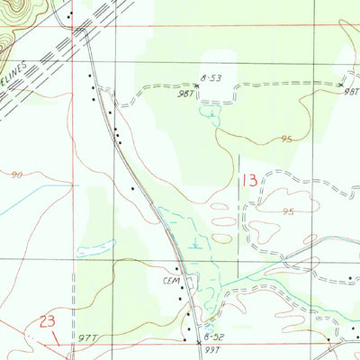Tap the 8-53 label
point(213,78)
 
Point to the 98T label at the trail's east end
point(350,92)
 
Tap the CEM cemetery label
point(172,280)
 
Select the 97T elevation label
point(87,337)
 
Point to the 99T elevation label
point(212,348)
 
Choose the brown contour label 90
point(17,175)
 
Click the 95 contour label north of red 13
point(286,139)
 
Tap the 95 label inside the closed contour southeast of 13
point(288,212)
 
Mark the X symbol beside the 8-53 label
point(201,85)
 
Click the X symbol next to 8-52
point(199,342)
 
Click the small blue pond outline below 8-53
point(212,114)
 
